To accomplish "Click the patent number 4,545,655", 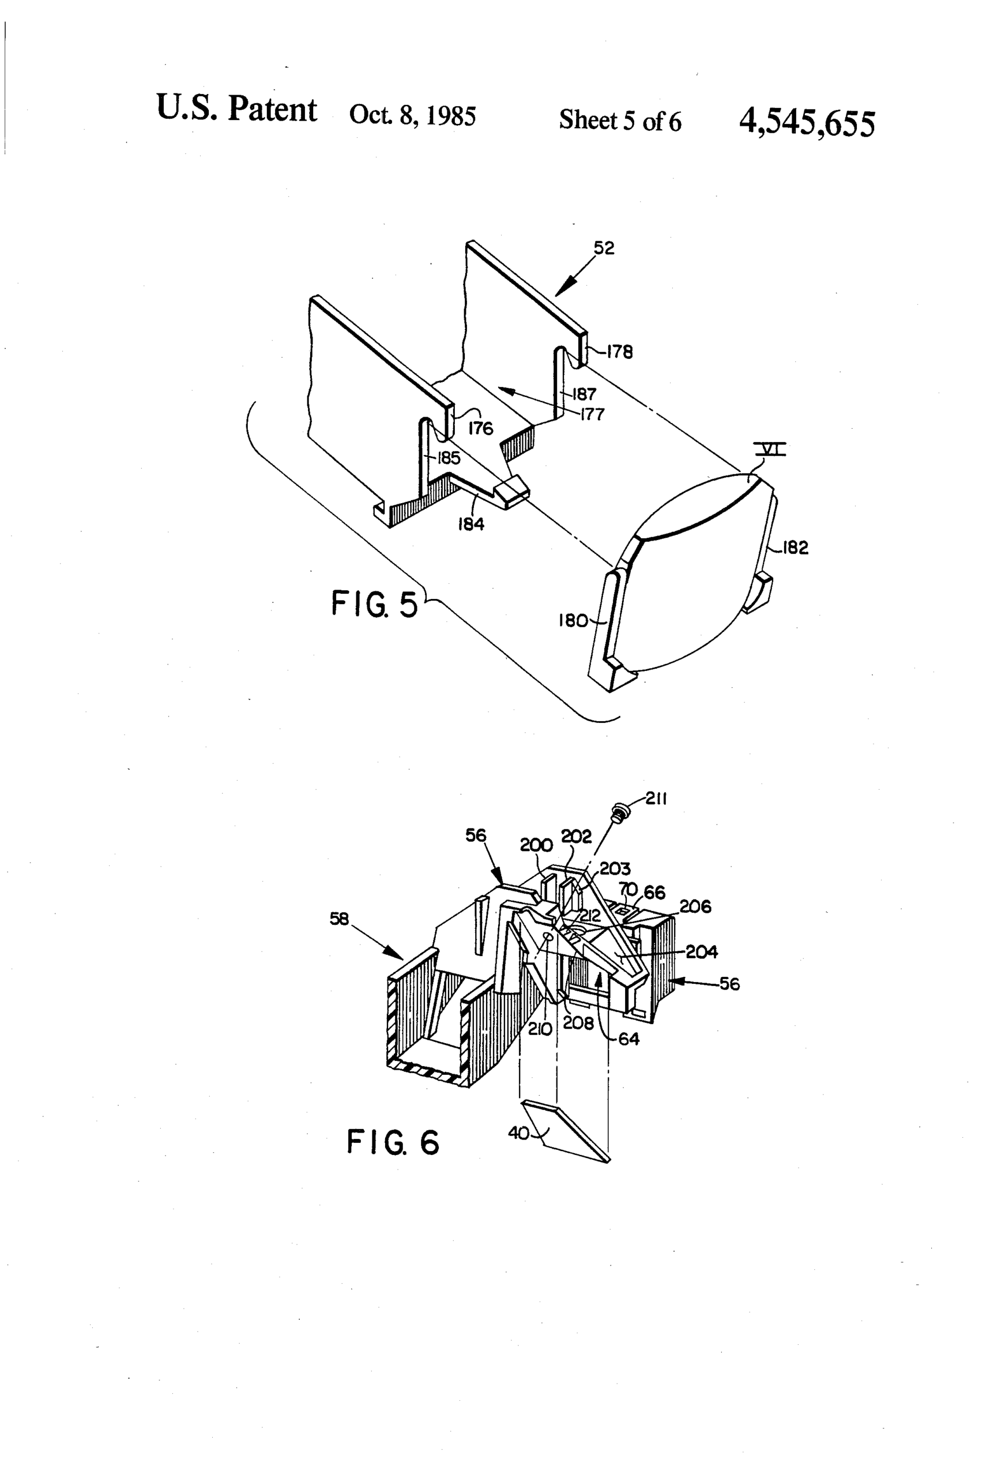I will (x=806, y=123).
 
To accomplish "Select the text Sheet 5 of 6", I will (x=619, y=120).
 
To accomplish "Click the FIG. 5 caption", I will (x=374, y=603).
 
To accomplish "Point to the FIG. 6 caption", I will (x=393, y=1142).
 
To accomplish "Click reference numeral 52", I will (x=604, y=248).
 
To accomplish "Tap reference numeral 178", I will (x=619, y=352).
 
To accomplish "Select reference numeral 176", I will (x=480, y=428).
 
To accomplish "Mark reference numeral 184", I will (x=470, y=524).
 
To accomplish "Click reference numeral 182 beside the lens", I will (x=795, y=548).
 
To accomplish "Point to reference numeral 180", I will (x=573, y=620).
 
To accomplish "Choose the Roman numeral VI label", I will (x=770, y=450).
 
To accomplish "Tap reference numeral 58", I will (x=339, y=919).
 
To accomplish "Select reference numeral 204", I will (x=701, y=951).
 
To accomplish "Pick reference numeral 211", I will (x=656, y=799).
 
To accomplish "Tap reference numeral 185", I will (x=449, y=458).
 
